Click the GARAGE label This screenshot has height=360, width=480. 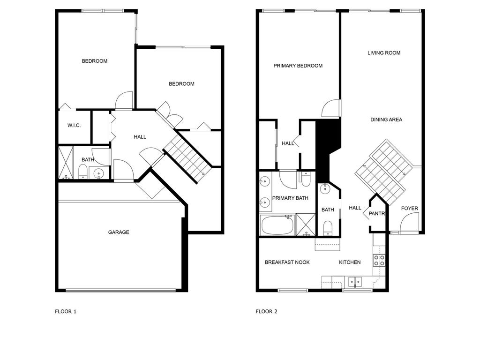[x=119, y=232]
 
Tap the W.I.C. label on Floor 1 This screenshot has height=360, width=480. [x=74, y=125]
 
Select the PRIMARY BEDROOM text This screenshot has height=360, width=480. [x=298, y=66]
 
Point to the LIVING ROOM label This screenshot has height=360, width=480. [x=384, y=53]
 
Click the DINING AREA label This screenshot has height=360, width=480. [x=386, y=120]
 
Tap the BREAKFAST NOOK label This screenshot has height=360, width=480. [x=287, y=262]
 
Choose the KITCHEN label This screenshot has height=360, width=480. [x=350, y=262]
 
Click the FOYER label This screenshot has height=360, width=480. [x=410, y=209]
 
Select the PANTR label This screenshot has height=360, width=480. [x=377, y=214]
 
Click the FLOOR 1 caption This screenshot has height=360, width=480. [x=66, y=311]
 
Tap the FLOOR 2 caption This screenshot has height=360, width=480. [x=266, y=311]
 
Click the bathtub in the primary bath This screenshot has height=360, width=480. [x=277, y=225]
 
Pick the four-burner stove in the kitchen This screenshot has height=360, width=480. [x=379, y=260]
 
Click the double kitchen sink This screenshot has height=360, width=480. [x=354, y=282]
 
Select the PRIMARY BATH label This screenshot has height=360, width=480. [x=290, y=198]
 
